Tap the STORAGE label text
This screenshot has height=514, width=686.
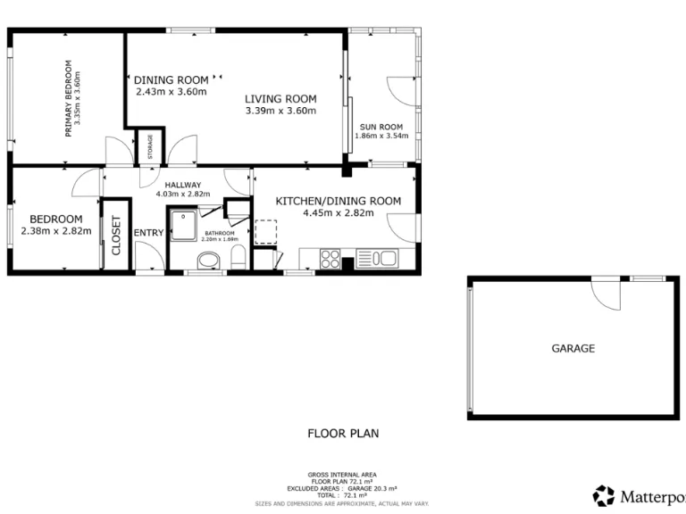[151, 147]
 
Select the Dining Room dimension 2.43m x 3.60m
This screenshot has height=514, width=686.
[171, 91]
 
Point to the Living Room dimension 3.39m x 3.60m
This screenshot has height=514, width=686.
[281, 111]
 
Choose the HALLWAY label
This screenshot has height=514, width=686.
[182, 185]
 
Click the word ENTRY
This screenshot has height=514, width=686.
[148, 233]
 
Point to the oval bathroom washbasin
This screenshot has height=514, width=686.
[208, 261]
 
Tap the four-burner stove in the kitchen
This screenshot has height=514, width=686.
[329, 260]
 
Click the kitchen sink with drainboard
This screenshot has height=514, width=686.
[377, 259]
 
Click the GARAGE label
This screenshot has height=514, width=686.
[573, 349]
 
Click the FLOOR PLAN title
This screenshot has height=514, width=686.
[343, 434]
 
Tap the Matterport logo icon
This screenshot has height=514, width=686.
[604, 495]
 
